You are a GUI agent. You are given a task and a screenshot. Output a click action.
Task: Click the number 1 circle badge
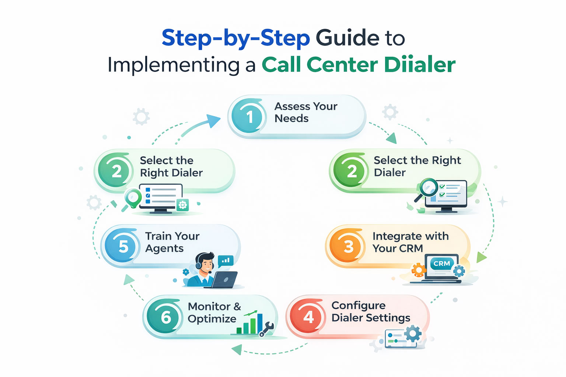(x=249, y=117)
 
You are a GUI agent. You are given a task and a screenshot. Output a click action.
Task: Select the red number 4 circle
(x=308, y=317)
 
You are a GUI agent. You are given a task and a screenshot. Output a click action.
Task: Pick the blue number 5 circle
(x=123, y=246)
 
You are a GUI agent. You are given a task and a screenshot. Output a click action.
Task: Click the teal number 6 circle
(x=165, y=317)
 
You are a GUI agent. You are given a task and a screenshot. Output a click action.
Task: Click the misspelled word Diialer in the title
(x=420, y=65)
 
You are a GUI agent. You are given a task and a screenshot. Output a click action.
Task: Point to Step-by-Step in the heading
(x=236, y=38)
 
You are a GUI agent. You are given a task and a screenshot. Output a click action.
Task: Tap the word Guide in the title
(x=347, y=38)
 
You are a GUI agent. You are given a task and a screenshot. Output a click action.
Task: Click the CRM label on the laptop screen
(x=441, y=264)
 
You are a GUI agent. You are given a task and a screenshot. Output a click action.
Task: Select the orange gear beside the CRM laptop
(x=419, y=270)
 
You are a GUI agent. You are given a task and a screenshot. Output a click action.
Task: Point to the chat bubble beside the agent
(x=226, y=261)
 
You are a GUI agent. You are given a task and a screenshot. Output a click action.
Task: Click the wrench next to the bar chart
(x=266, y=329)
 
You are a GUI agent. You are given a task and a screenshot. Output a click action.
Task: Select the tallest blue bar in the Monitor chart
(x=260, y=323)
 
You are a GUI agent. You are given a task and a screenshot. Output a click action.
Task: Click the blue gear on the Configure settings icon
(x=413, y=334)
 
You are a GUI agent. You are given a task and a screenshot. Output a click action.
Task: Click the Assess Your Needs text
(x=305, y=112)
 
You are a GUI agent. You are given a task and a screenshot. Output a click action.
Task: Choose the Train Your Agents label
(x=172, y=242)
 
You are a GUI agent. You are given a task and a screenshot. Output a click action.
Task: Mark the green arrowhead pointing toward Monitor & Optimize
(x=237, y=349)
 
